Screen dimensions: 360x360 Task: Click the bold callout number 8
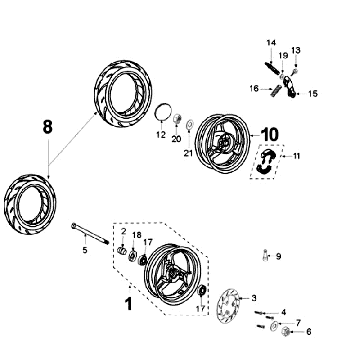(x=48, y=127)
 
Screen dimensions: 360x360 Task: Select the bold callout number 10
(x=270, y=134)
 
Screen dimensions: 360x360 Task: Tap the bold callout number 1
(x=128, y=304)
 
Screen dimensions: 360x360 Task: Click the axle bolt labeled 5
(x=90, y=234)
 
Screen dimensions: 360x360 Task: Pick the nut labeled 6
(x=285, y=331)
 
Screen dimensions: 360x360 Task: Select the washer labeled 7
(x=274, y=325)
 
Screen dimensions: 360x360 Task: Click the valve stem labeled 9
(x=265, y=255)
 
